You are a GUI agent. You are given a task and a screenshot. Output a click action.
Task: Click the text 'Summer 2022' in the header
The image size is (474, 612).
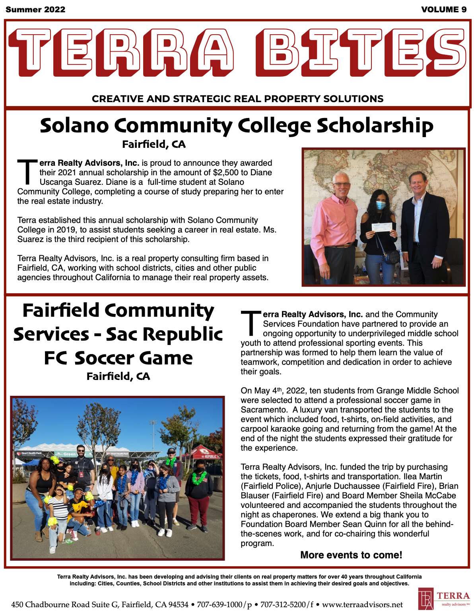pyautogui.click(x=35, y=10)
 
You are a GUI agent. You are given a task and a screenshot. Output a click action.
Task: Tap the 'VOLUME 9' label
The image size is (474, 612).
pyautogui.click(x=444, y=10)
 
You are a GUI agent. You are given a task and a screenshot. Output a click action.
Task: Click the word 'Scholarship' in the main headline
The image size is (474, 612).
pyautogui.click(x=375, y=126)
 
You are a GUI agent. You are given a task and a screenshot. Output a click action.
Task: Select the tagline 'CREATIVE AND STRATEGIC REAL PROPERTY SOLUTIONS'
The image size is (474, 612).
pyautogui.click(x=237, y=99)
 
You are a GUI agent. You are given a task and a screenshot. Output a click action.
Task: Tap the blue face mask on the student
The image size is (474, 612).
pyautogui.click(x=381, y=205)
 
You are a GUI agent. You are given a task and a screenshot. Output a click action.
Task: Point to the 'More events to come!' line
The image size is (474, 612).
pyautogui.click(x=351, y=555)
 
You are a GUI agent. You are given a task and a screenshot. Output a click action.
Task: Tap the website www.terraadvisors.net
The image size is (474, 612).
pyautogui.click(x=362, y=604)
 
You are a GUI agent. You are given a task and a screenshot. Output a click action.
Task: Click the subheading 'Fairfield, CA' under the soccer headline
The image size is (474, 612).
pyautogui.click(x=118, y=376)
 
